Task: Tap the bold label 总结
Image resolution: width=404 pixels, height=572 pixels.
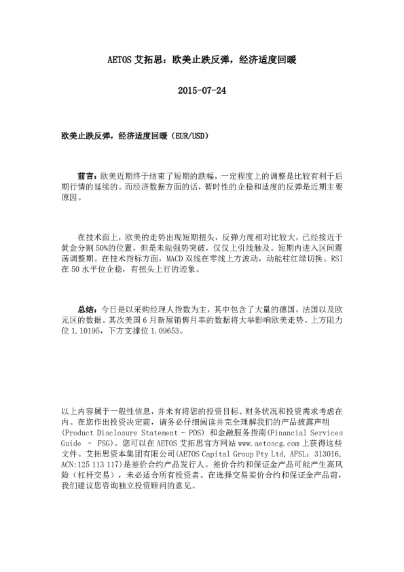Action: (x=86, y=307)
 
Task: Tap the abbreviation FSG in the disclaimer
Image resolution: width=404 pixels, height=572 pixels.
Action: (x=109, y=442)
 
